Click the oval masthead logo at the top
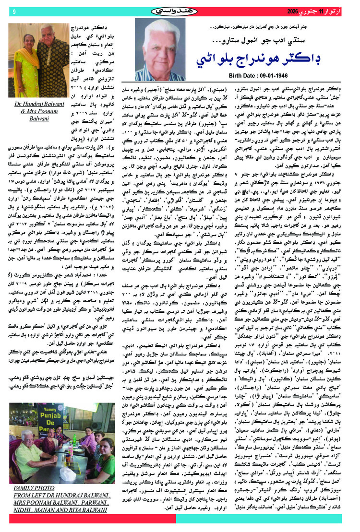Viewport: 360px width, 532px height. pyautogui.click(x=180, y=10)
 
